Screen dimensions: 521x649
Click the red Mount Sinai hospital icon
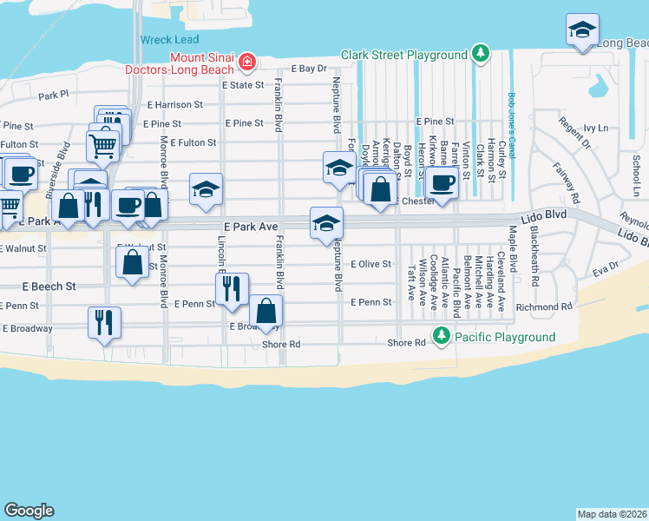tap(248, 62)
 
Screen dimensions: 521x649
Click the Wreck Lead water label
tap(169, 39)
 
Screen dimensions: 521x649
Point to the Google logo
tap(29, 511)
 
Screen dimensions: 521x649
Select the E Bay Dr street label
tap(309, 68)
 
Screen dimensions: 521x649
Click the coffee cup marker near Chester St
tap(442, 183)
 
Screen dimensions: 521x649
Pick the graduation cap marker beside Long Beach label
tap(581, 30)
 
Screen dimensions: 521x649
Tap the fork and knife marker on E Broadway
tap(105, 322)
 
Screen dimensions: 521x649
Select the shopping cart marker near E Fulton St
tap(103, 146)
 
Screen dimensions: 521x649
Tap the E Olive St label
tap(371, 264)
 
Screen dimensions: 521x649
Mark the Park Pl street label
tap(53, 95)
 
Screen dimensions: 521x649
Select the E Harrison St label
tap(174, 104)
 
